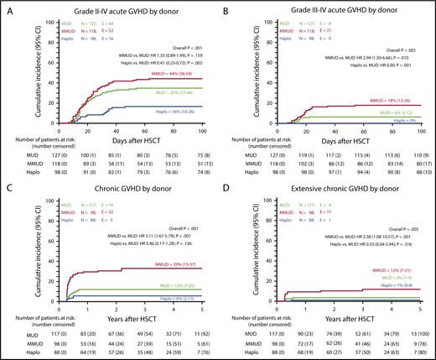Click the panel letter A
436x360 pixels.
(x=7, y=8)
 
